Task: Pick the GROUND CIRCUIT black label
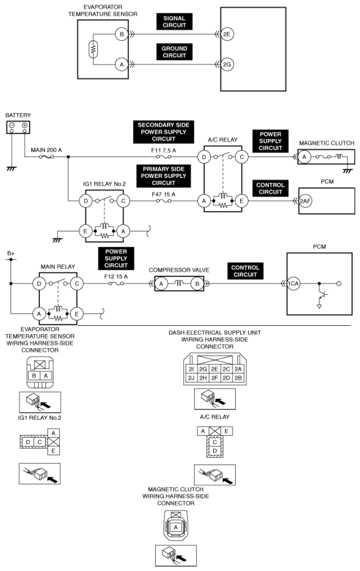click(174, 52)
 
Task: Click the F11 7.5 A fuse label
click(163, 148)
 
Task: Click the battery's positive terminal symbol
click(24, 125)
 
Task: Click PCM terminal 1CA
click(294, 284)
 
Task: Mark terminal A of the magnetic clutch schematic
click(304, 157)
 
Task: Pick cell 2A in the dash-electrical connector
click(239, 369)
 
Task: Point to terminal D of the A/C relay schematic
click(203, 157)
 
